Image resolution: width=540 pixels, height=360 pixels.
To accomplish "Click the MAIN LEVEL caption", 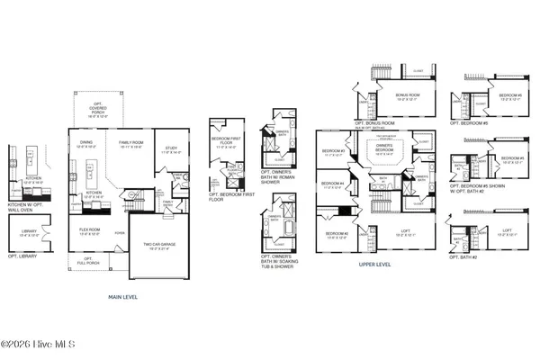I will pos(123,295).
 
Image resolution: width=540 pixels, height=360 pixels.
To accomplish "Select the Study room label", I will pos(170,151).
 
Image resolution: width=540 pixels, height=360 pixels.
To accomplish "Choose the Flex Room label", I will pos(89,230).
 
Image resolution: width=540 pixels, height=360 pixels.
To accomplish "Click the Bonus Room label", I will pos(408,98).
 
